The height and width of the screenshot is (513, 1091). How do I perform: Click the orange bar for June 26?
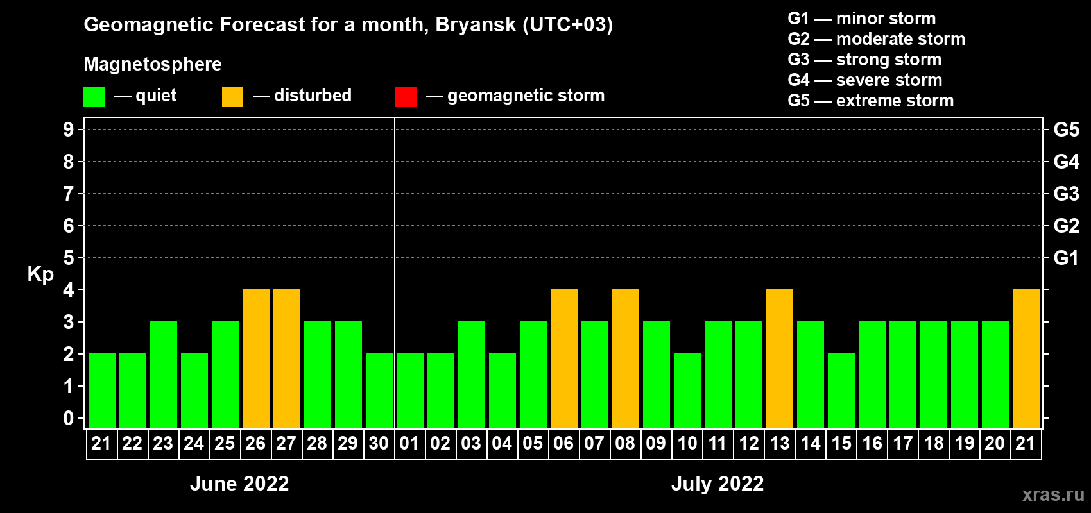coord(255,358)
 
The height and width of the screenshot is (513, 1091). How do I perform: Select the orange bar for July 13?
coord(779,358)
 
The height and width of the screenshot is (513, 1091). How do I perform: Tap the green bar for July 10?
coord(687,391)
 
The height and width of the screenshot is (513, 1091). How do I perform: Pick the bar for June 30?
coord(379,391)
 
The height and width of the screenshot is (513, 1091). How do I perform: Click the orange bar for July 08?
coord(625,358)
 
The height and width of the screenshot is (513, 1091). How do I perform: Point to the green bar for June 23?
coord(163,374)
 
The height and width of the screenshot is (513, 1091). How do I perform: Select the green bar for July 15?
coord(841,391)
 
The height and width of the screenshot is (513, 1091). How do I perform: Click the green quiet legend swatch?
coord(94,96)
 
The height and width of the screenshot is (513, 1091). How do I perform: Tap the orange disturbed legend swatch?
coord(232,96)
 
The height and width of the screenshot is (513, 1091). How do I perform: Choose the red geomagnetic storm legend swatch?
coord(406,96)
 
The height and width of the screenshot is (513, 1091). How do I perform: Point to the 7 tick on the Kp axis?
coord(68,194)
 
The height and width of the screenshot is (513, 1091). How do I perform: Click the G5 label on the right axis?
coord(1066,130)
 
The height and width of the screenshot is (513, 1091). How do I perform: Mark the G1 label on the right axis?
coord(1066,258)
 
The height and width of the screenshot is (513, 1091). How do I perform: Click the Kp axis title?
coord(40,274)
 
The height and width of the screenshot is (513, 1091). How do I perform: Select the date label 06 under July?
coord(563,443)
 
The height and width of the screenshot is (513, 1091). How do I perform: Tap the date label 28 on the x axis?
coord(317,443)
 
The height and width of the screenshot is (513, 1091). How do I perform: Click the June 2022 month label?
coord(239,484)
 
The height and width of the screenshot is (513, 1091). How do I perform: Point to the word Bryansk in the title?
coord(476,25)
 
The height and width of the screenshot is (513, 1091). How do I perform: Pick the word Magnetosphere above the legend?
coord(153,64)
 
